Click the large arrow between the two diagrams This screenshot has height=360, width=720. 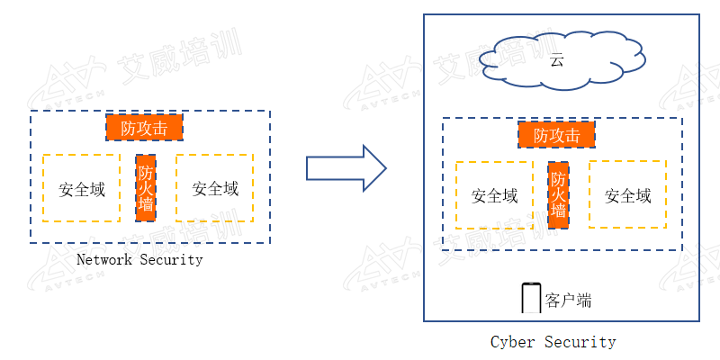coord(346,168)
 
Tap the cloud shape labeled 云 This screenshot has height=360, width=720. coord(562,59)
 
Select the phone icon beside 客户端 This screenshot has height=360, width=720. coord(531,299)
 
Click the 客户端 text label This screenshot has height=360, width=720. coord(568,301)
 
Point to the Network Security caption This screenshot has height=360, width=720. coord(139,260)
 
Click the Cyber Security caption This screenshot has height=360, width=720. coord(553,342)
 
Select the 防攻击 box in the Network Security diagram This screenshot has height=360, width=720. coord(144,127)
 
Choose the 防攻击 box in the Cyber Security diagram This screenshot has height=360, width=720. coord(556,134)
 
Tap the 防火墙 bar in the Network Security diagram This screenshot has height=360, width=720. coord(146,188)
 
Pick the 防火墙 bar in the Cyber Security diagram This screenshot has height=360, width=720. coord(558,195)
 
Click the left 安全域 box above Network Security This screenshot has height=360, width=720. coord(81,188)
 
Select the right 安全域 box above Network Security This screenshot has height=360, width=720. coord(215,188)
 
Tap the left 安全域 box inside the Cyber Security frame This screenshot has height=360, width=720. coord(494,195)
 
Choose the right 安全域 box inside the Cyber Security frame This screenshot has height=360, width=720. coord(627,194)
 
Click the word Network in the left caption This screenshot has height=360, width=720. coord(104,260)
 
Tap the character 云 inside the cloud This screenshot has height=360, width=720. coord(556,61)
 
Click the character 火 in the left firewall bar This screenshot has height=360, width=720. coord(146,188)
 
